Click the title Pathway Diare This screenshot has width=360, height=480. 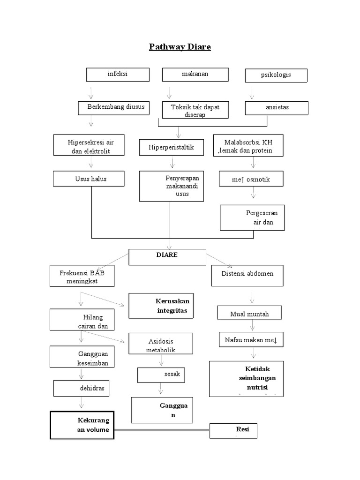180,47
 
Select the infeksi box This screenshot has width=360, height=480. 117,75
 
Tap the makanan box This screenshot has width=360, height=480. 195,75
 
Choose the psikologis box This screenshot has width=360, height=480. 276,75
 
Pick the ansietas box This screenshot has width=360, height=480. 277,108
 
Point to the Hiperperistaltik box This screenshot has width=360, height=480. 172,147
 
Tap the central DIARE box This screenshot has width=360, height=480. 167,256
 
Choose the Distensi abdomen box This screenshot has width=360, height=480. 247,275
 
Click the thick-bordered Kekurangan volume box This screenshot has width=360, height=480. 82,425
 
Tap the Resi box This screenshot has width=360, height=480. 233,431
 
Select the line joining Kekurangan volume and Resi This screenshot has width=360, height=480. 162,429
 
